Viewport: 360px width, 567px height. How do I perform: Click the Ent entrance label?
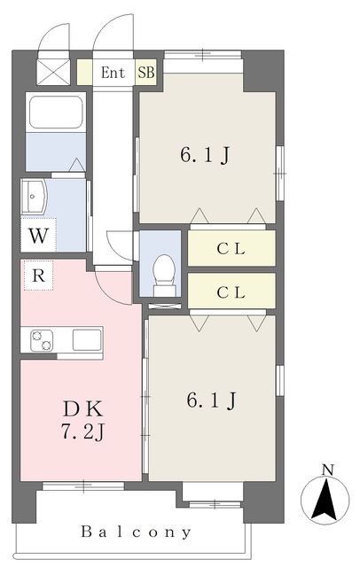click(113, 73)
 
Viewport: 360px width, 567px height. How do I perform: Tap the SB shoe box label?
click(145, 73)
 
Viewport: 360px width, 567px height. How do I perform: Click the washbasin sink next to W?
click(36, 196)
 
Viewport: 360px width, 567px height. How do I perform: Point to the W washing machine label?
click(37, 237)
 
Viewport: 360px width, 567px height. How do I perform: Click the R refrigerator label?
click(38, 276)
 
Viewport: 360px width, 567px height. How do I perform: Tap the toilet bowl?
click(164, 271)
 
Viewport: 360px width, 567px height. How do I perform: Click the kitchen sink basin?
click(86, 339)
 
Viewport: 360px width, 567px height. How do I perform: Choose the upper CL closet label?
click(231, 249)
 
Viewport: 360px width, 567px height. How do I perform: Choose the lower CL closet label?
click(231, 291)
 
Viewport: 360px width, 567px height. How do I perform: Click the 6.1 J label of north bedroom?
click(206, 156)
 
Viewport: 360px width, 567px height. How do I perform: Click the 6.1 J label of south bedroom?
click(210, 401)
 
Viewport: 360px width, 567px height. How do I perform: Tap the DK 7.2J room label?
click(82, 422)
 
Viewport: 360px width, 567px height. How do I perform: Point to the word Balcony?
click(137, 532)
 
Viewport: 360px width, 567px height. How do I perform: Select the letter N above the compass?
click(327, 469)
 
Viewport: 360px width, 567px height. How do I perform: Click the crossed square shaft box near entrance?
click(51, 70)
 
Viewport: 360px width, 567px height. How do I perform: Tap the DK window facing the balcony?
click(82, 485)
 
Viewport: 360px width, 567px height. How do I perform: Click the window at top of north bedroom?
click(203, 55)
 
